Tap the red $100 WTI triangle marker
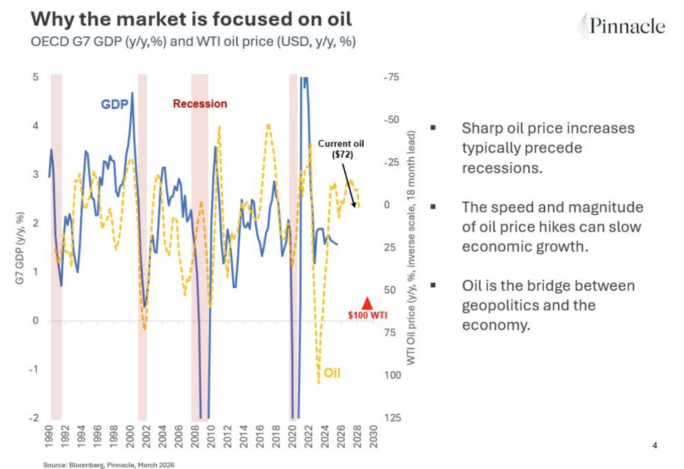click(x=367, y=303)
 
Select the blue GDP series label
click(x=114, y=104)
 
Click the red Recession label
click(x=199, y=104)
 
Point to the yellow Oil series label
click(x=332, y=373)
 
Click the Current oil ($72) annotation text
click(x=341, y=149)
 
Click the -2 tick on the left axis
click(x=34, y=418)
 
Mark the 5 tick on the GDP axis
click(x=35, y=77)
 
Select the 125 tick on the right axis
click(x=392, y=418)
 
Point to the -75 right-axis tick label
click(x=391, y=77)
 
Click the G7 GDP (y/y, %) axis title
click(x=20, y=248)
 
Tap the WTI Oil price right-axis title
click(x=411, y=248)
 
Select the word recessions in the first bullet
click(x=502, y=168)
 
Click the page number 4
click(x=655, y=446)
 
